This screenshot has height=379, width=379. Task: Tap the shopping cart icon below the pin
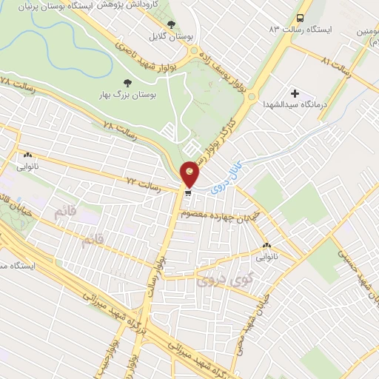(189, 193)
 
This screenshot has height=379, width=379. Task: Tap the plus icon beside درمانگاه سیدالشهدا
(295, 93)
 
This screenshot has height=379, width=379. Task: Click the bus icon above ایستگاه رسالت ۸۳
(300, 18)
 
